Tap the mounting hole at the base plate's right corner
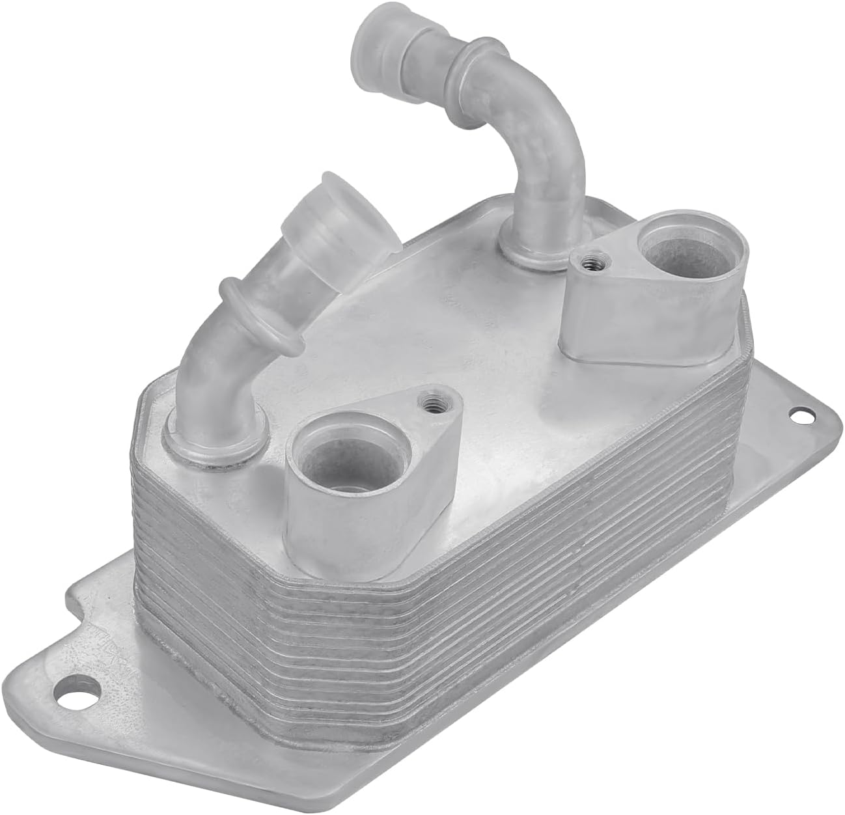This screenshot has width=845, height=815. (x=797, y=413)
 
